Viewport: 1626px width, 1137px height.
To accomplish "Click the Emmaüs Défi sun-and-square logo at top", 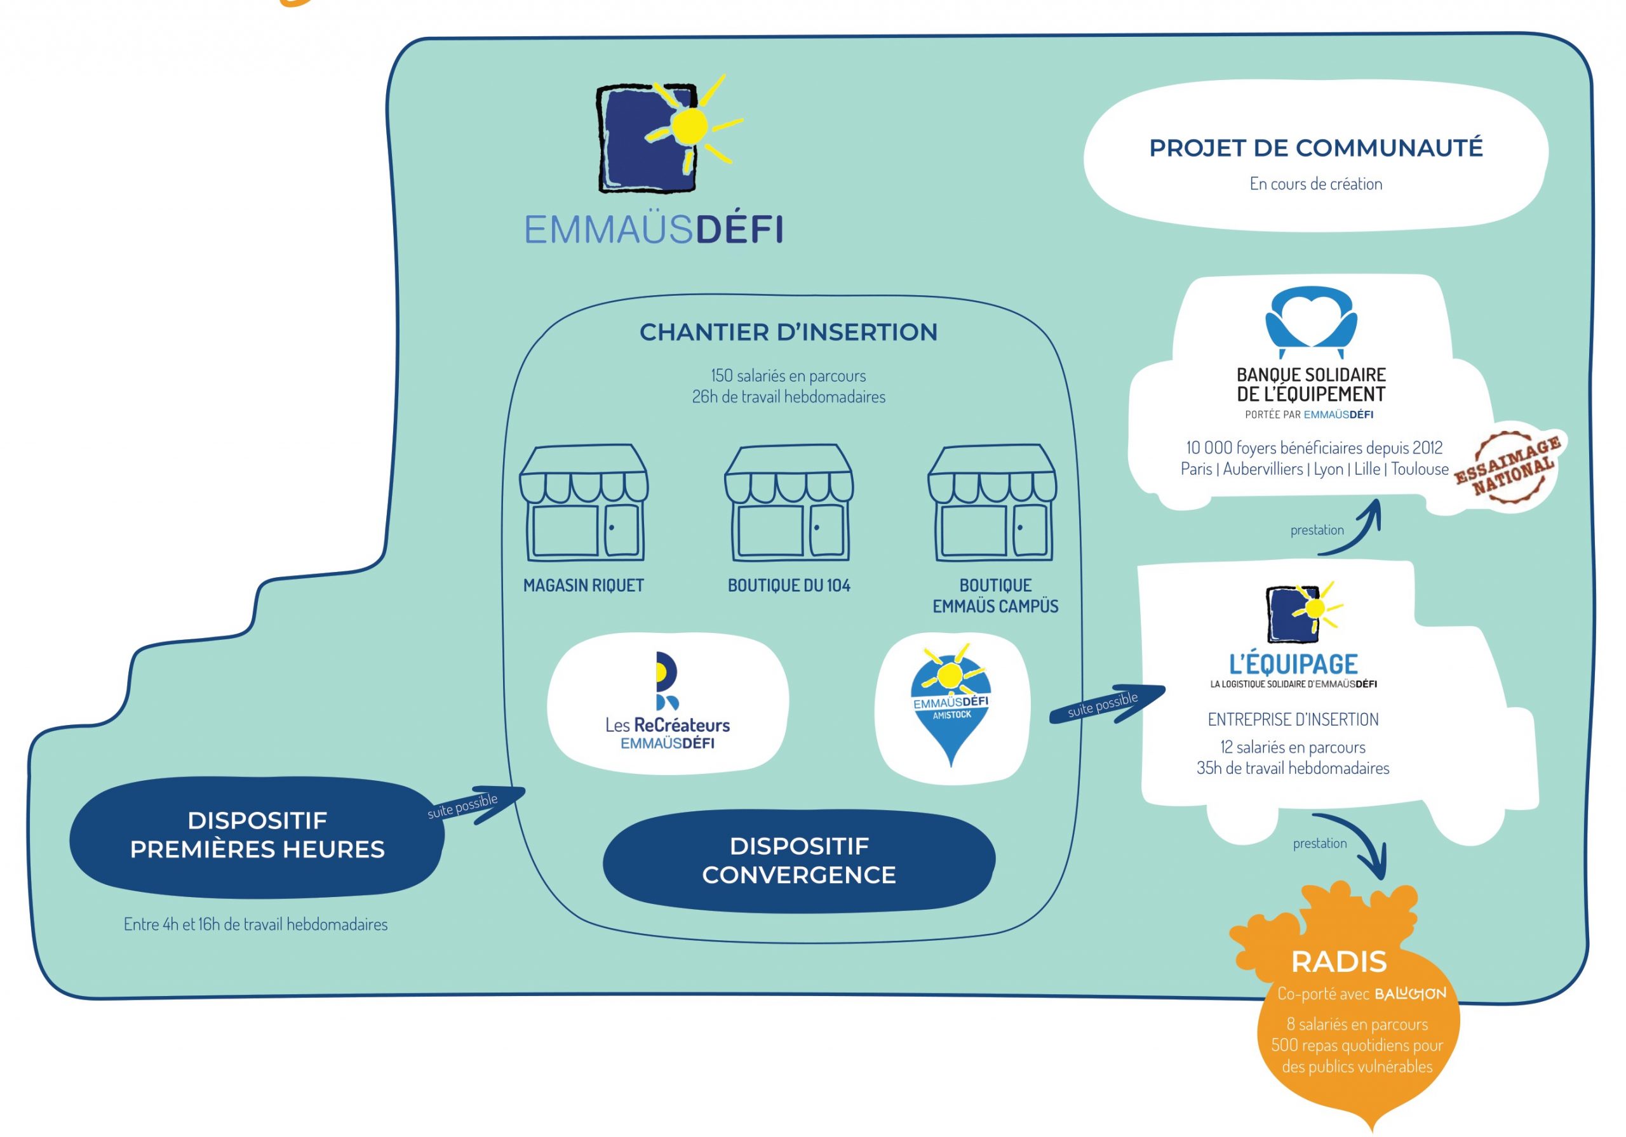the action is (669, 135).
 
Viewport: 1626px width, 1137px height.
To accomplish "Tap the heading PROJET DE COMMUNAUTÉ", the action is (1316, 148).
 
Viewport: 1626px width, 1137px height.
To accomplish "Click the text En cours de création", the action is (1316, 184).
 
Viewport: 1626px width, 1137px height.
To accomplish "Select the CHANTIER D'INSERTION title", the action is (788, 332).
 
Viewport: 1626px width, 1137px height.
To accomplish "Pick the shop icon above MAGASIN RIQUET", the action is (584, 503).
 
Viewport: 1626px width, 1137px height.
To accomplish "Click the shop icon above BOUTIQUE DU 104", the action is (789, 503).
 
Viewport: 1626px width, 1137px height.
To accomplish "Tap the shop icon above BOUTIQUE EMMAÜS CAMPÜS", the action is (992, 503).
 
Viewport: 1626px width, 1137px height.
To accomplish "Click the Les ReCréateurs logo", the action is (667, 700).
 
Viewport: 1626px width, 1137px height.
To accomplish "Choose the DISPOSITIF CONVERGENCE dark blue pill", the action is (799, 860).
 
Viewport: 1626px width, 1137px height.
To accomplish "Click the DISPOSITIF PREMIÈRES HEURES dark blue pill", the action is (257, 836).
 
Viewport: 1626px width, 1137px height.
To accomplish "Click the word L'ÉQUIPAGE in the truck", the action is (1293, 663).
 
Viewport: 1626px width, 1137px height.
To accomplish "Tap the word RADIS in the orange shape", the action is (1338, 961).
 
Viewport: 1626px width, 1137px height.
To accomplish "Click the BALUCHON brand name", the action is (1410, 994).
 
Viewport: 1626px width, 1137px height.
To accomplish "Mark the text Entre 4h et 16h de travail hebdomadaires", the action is (256, 924).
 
